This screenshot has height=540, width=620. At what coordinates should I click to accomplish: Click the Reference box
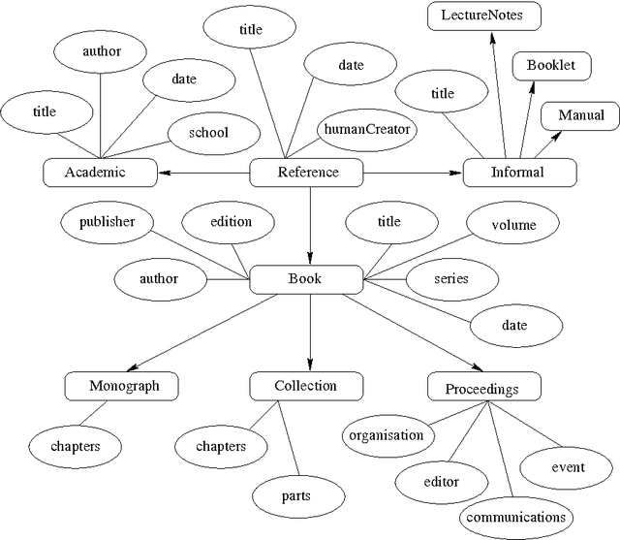pos(307,174)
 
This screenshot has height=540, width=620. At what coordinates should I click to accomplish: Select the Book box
pos(306,280)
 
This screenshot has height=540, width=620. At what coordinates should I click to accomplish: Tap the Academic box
pos(101,174)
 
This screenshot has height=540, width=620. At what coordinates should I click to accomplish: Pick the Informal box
pos(519,174)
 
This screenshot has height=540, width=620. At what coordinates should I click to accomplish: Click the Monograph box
pos(124,387)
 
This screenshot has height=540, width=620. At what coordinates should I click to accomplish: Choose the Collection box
pos(306,387)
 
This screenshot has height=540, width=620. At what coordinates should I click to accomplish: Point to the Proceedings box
pos(482,389)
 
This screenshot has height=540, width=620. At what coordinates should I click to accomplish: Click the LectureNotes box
pos(484,16)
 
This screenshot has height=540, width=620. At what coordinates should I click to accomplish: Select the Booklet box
pos(551,66)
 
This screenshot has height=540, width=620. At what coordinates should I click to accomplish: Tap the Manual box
pos(580,116)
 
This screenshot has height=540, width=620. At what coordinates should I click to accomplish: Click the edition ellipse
pos(231,222)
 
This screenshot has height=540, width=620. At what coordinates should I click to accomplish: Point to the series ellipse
pos(451,279)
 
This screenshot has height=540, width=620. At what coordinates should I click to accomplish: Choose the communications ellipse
pos(514,517)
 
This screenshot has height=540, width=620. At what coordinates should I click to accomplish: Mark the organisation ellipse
pos(387,435)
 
